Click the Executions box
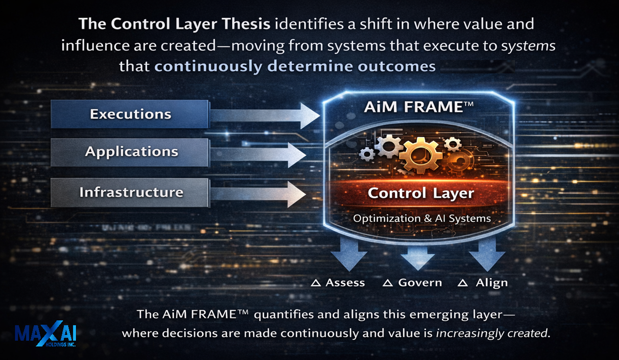pos(130,114)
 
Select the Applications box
pos(130,152)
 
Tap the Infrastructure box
pos(130,192)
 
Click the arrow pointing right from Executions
pos(265,115)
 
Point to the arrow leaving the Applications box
pos(258,155)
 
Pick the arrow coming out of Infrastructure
pos(258,194)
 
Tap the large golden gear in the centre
pos(421,156)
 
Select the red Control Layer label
pos(421,193)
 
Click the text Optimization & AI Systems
pos(422,218)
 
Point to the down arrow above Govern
pos(417,258)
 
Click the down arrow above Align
pos(487,255)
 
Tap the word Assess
pos(345,283)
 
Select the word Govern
pos(420,283)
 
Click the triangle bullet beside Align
pos(463,283)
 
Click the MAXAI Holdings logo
pos(45,334)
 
